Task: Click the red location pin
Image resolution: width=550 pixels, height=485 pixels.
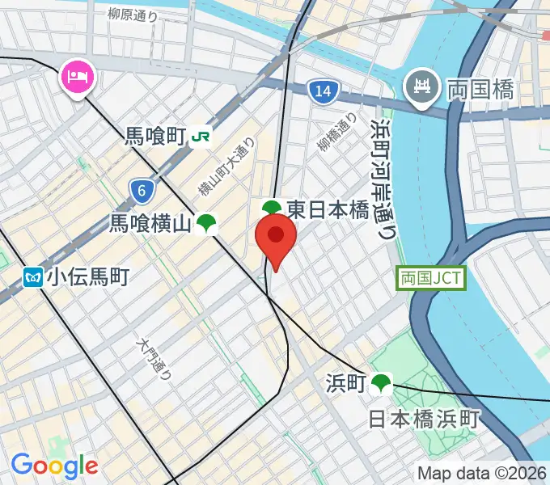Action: tap(276, 239)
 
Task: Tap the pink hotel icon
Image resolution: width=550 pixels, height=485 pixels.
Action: tap(78, 78)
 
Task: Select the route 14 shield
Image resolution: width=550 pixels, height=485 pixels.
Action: tap(323, 91)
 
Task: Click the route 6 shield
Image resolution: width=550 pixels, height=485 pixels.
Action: tap(142, 191)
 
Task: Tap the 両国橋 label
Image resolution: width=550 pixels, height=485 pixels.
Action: tap(481, 89)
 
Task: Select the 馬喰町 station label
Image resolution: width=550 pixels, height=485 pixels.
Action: tap(155, 137)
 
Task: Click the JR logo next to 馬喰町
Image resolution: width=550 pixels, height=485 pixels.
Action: tap(201, 138)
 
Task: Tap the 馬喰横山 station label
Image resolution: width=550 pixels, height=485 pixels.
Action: tap(150, 224)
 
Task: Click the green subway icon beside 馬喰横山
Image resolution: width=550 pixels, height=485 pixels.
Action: tap(207, 224)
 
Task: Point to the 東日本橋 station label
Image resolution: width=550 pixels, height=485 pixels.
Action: tap(327, 210)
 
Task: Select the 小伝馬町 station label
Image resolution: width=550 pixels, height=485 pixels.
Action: tap(87, 277)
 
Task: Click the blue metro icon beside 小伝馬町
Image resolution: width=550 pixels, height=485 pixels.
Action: tap(33, 277)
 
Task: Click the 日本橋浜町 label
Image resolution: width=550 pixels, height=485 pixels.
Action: tap(425, 419)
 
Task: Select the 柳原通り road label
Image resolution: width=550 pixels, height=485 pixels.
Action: tap(133, 14)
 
